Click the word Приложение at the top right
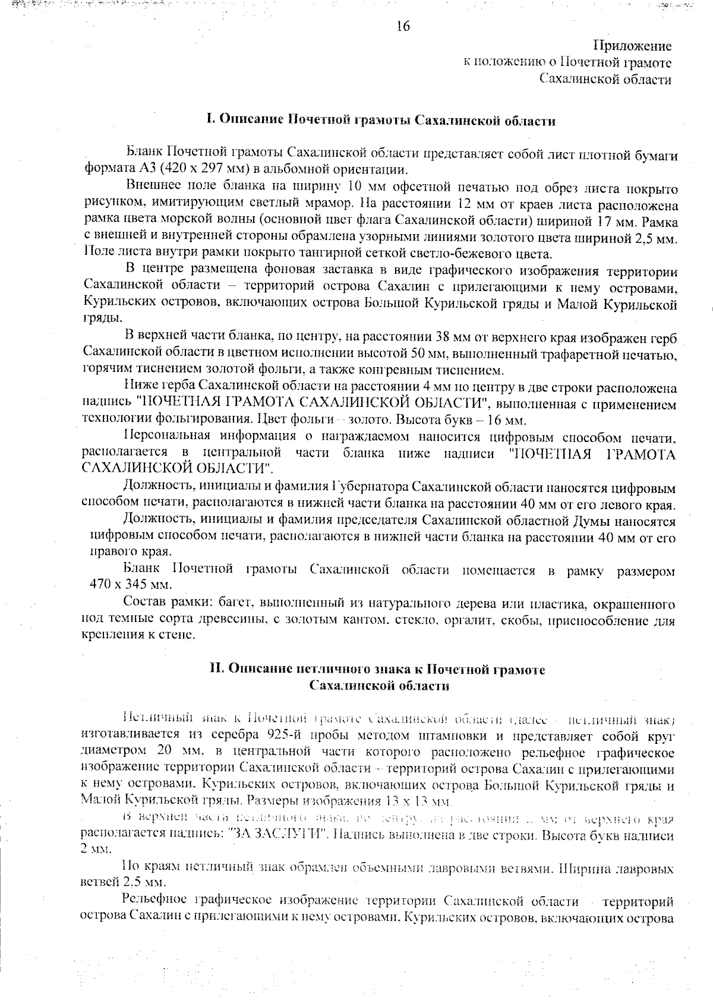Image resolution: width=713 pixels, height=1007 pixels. (633, 46)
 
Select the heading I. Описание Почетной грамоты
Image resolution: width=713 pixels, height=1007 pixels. (380, 121)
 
